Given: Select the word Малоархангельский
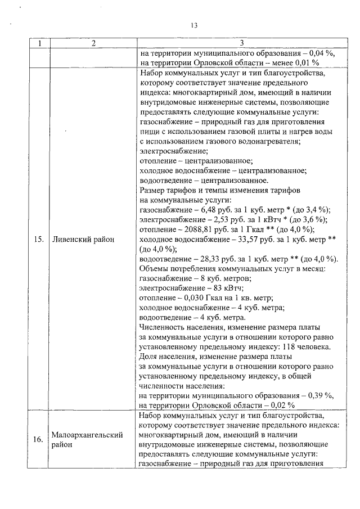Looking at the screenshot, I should pos(87,435).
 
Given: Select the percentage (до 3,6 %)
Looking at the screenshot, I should pos(309,220).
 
